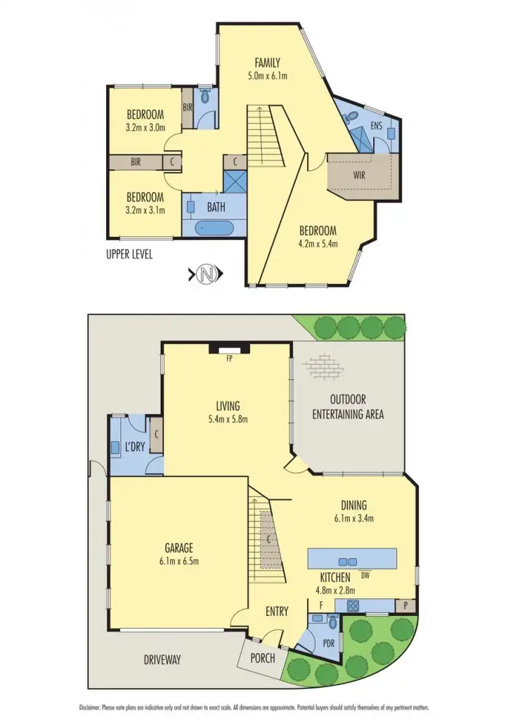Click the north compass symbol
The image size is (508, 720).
[204, 274]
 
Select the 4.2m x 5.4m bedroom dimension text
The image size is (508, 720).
[318, 244]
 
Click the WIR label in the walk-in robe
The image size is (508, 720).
[359, 176]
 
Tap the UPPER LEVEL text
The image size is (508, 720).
[129, 254]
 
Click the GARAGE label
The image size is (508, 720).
[179, 548]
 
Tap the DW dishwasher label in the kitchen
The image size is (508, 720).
[365, 575]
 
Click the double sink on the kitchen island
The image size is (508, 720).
[347, 561]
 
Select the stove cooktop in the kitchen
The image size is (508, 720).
[351, 605]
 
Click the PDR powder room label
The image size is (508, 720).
[327, 643]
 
